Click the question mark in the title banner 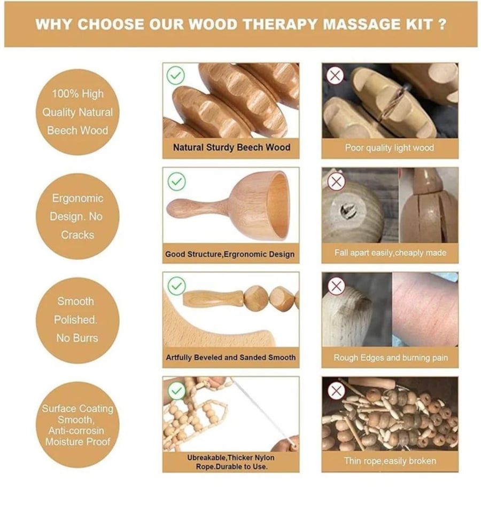[x=442, y=25]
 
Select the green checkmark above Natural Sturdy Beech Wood [x=176, y=76]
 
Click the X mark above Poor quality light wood [x=335, y=76]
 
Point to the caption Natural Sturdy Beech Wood [x=231, y=147]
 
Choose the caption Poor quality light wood [x=390, y=147]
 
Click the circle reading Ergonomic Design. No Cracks [x=77, y=217]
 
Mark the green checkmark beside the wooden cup [x=176, y=182]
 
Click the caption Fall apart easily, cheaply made [x=390, y=253]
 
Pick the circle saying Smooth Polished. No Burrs [x=77, y=320]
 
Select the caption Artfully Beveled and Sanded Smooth [x=231, y=358]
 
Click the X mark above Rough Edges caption [x=336, y=286]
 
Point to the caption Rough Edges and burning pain [x=391, y=358]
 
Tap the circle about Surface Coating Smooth [x=77, y=425]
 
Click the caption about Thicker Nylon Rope [x=231, y=462]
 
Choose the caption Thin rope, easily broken [x=390, y=461]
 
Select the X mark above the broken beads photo [x=336, y=391]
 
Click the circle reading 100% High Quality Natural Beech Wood [x=77, y=112]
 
